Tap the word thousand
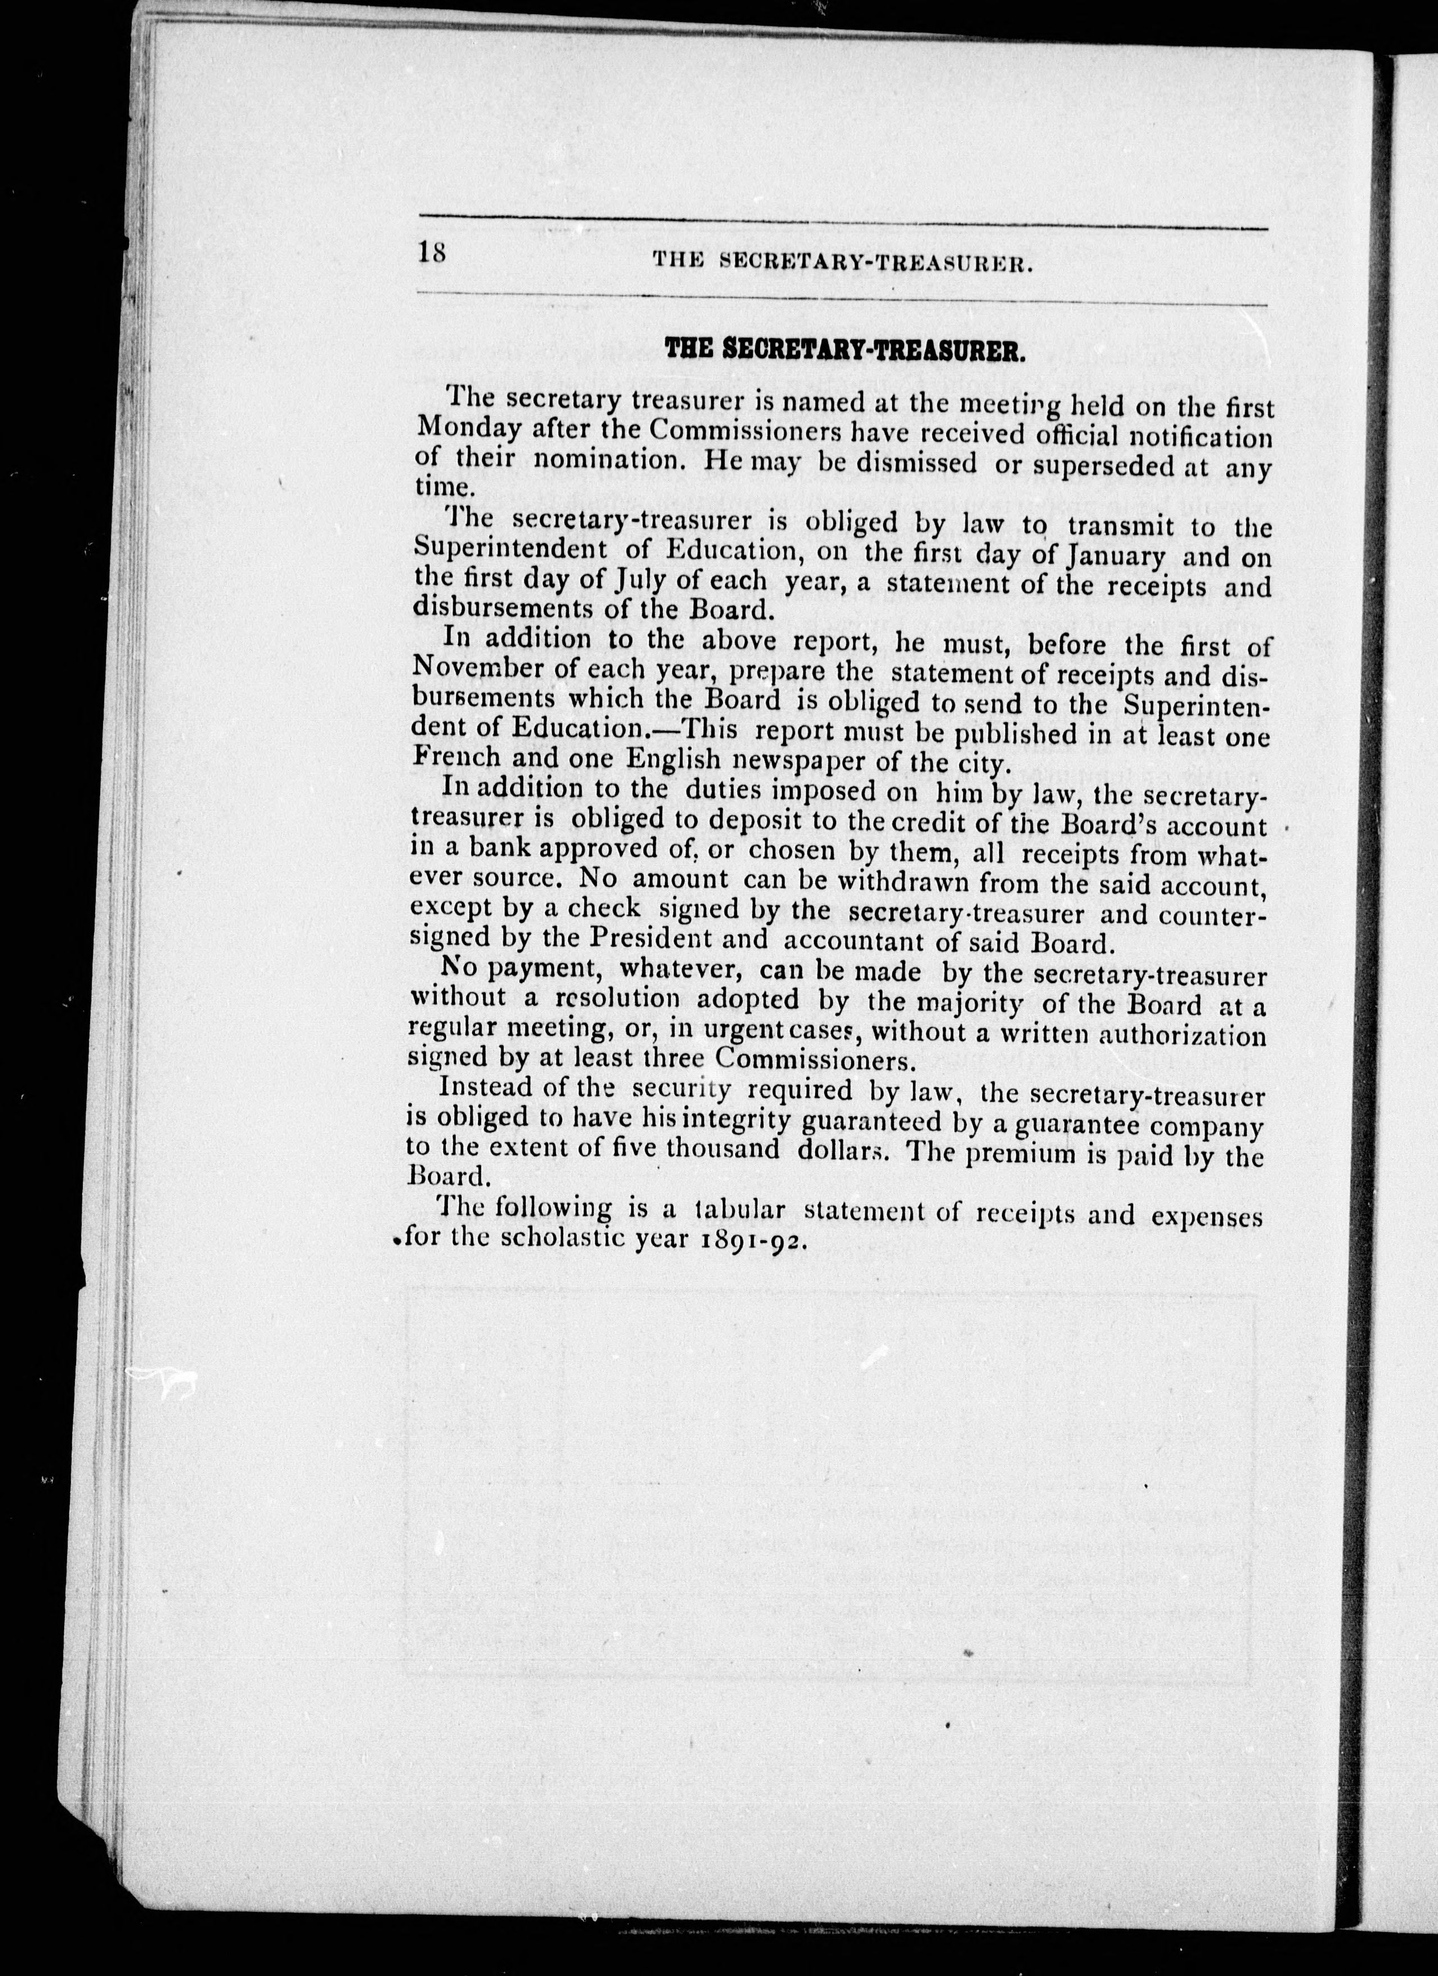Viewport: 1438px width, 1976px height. click(724, 1149)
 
